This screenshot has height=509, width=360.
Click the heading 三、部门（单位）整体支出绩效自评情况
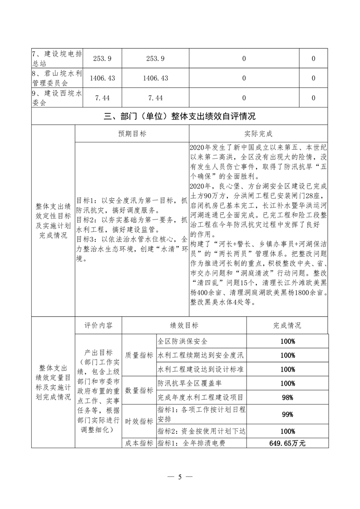179,116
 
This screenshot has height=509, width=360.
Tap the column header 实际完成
258,134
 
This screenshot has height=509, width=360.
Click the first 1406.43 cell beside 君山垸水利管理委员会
103,78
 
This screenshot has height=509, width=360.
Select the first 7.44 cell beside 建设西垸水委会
103,98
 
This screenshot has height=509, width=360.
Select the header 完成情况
287,326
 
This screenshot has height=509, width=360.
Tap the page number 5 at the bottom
180,476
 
